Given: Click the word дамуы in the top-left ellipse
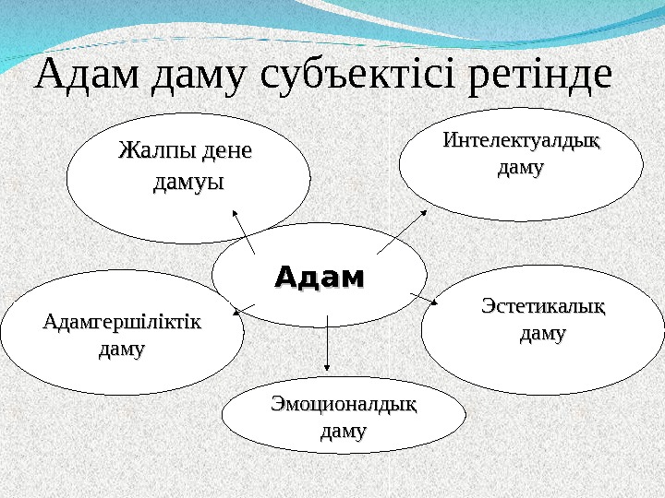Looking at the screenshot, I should point(188,182).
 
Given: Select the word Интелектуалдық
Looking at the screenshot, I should point(521,143).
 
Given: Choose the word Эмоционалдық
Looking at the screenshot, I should point(344,404).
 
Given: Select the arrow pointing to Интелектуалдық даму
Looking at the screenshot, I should point(402,231).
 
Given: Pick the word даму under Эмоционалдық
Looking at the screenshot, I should point(343,430).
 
